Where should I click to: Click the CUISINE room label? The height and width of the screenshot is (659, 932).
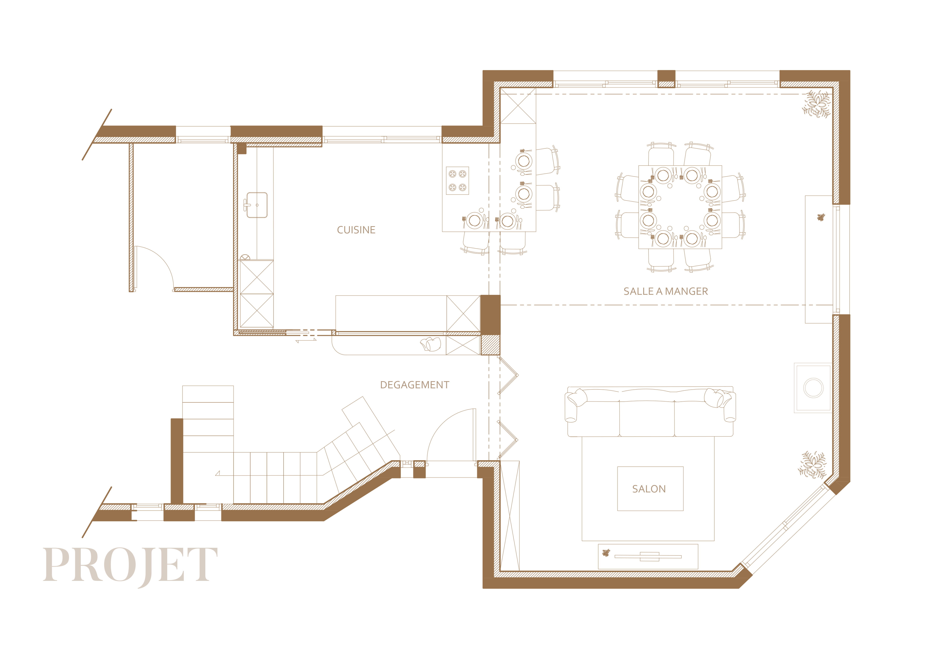click(x=356, y=230)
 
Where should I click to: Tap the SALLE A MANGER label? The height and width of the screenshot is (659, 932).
click(x=666, y=291)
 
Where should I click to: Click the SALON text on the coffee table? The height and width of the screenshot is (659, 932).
click(x=649, y=489)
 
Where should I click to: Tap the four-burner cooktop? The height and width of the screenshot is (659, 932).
click(x=457, y=181)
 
